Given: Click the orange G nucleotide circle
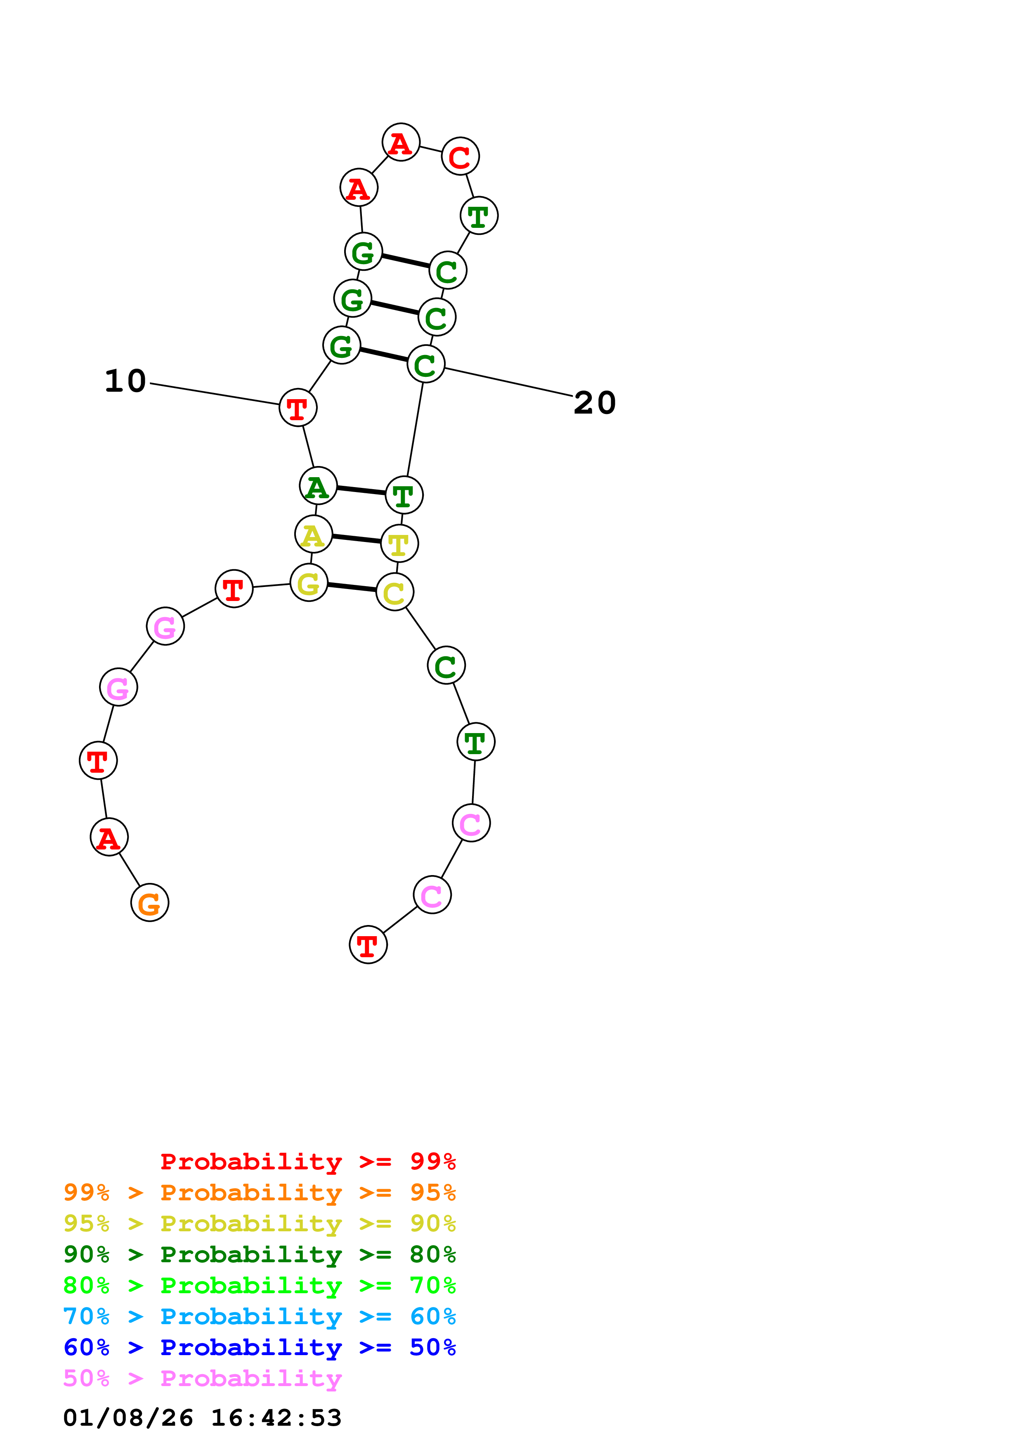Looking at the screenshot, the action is (149, 902).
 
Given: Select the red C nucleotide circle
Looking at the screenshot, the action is (460, 156).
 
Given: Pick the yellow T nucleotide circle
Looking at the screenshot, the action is (399, 544).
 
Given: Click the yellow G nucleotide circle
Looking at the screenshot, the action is (309, 583).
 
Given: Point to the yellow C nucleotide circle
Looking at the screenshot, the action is (395, 592).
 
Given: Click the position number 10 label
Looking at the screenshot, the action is (125, 381).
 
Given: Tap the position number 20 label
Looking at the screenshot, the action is (594, 403).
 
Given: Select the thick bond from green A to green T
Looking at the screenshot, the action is (361, 490).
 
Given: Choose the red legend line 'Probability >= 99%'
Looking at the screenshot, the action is (307, 1162).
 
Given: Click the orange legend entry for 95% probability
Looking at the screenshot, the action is (259, 1192).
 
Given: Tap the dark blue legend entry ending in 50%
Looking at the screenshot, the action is (259, 1347).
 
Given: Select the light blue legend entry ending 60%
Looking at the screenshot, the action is (259, 1316).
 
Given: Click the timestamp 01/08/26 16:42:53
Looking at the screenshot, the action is (202, 1418).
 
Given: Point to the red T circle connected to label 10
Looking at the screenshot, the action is (298, 408).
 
